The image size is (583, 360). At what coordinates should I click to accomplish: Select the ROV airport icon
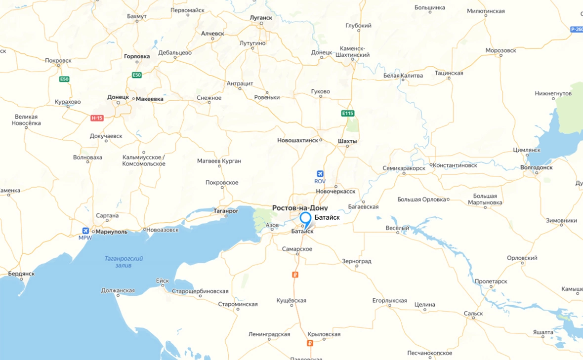pos(320,174)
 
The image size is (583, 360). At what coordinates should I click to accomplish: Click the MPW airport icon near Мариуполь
pos(85,231)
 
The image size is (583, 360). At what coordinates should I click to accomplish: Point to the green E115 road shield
pos(348,114)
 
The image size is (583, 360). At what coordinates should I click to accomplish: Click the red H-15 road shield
pos(97,118)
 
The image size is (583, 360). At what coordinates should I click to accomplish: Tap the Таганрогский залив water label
pos(124,262)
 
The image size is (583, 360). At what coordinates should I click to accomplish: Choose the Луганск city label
pos(262,18)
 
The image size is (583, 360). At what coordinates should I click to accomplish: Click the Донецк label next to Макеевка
pos(118,98)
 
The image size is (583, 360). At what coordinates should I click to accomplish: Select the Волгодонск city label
pos(537,167)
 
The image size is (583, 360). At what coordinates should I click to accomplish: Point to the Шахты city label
pos(347,141)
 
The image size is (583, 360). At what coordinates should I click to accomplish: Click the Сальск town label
pos(473,313)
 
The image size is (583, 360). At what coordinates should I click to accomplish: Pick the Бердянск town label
pos(21,274)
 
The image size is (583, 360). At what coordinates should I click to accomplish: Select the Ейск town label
pos(163,280)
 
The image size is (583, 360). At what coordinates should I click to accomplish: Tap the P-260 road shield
pos(576,30)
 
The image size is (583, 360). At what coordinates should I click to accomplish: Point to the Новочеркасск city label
pos(335,192)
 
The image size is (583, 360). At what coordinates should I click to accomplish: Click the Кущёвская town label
pos(291,300)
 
